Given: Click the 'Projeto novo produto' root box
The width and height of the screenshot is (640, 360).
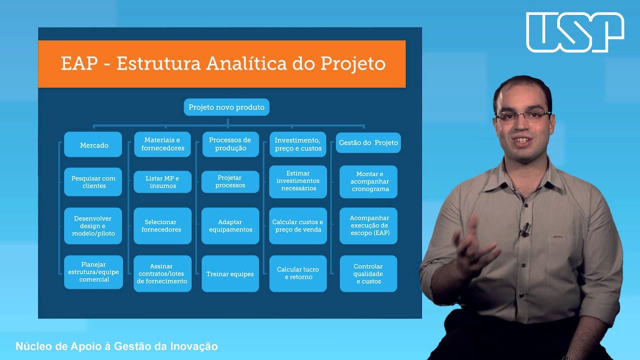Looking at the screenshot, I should [226, 107].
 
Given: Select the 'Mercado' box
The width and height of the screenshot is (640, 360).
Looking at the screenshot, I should [93, 145].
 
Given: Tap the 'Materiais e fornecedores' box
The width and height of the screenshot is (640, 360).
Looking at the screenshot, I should [162, 144].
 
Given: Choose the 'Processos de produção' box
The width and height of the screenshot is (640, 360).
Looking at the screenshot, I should [230, 144].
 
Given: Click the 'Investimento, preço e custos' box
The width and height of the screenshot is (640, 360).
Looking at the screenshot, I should [298, 144].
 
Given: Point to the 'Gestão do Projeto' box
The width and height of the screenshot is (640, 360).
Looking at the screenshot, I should [368, 143].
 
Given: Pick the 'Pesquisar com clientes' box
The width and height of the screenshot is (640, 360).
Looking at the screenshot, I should [93, 182].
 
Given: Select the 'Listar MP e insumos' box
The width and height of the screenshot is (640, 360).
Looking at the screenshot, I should [162, 182].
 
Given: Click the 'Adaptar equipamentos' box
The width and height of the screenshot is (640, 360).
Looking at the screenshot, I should [230, 226].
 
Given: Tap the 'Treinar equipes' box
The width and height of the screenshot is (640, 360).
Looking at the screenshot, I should [230, 274].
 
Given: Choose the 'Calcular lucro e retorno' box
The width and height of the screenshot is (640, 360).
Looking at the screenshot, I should [298, 273].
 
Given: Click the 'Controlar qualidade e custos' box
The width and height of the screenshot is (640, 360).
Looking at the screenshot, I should [368, 274].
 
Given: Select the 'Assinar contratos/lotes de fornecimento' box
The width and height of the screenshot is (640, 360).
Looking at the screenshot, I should [162, 274].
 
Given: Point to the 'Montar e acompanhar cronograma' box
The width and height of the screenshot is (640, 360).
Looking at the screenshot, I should [368, 182].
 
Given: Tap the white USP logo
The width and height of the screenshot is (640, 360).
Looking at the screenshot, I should [575, 32].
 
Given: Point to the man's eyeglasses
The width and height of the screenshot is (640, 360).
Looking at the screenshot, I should [522, 116].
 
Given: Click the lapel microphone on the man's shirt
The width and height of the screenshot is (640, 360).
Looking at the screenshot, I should [525, 229].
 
